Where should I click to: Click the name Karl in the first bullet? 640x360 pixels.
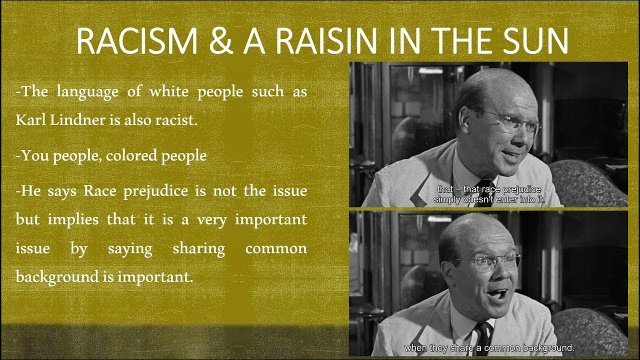coord(31,120)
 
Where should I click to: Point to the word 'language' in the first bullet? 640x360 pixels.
coord(87,92)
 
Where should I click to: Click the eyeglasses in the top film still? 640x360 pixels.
coord(515,123)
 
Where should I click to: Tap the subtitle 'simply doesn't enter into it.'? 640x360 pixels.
coord(488,199)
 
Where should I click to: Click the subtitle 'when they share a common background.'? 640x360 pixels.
coord(489,347)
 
